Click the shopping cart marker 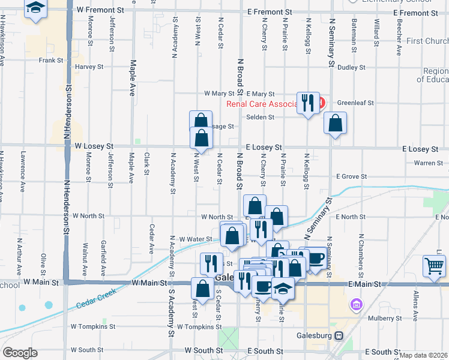[434, 266]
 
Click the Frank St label [51, 61]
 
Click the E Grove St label [351, 177]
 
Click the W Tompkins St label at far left [92, 327]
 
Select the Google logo [19, 353]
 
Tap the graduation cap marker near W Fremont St [36, 8]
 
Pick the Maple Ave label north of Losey [133, 78]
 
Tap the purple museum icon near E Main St [357, 305]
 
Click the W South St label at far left [86, 350]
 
